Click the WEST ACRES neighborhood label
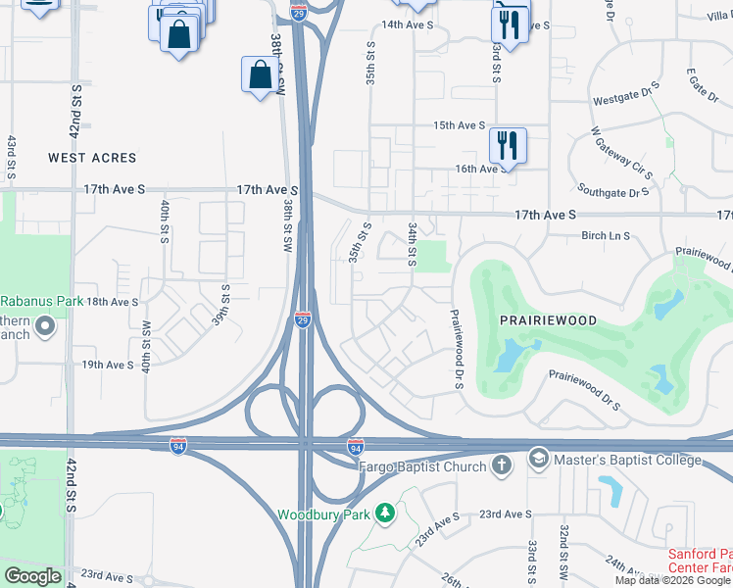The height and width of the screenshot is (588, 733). (x=92, y=158)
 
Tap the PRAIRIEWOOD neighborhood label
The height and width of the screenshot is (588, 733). (x=549, y=320)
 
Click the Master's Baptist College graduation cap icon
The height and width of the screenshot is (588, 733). (x=538, y=458)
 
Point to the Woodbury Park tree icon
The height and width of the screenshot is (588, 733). (x=386, y=513)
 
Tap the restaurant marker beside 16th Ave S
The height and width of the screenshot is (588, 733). (x=508, y=145)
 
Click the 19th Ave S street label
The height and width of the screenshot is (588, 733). (x=108, y=365)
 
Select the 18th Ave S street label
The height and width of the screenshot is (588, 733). (x=113, y=303)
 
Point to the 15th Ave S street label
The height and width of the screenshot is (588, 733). (x=461, y=125)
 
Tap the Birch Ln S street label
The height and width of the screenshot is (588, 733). (x=606, y=235)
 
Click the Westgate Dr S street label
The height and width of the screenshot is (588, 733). (x=627, y=98)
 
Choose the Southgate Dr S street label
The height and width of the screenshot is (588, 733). (x=614, y=191)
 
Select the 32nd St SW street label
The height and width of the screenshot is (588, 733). (x=565, y=552)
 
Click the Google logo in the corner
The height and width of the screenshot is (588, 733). (x=32, y=576)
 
